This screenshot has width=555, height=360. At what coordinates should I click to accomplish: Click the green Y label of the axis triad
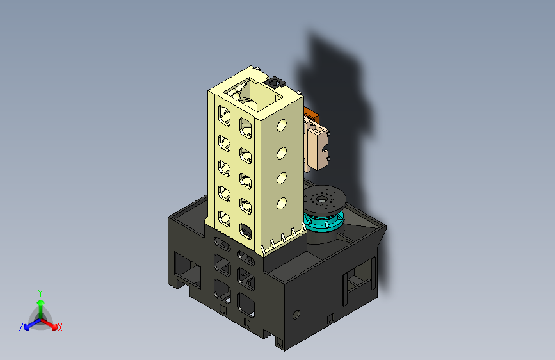pyautogui.click(x=40, y=293)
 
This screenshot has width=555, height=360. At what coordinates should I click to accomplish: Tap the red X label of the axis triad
pyautogui.click(x=60, y=327)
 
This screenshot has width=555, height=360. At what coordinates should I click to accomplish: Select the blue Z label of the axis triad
pyautogui.click(x=21, y=327)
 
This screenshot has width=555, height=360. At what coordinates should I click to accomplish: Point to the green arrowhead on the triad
pyautogui.click(x=41, y=302)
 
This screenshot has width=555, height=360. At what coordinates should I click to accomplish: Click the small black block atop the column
pyautogui.click(x=275, y=83)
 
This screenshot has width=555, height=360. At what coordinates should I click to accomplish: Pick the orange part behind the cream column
pyautogui.click(x=312, y=115)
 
